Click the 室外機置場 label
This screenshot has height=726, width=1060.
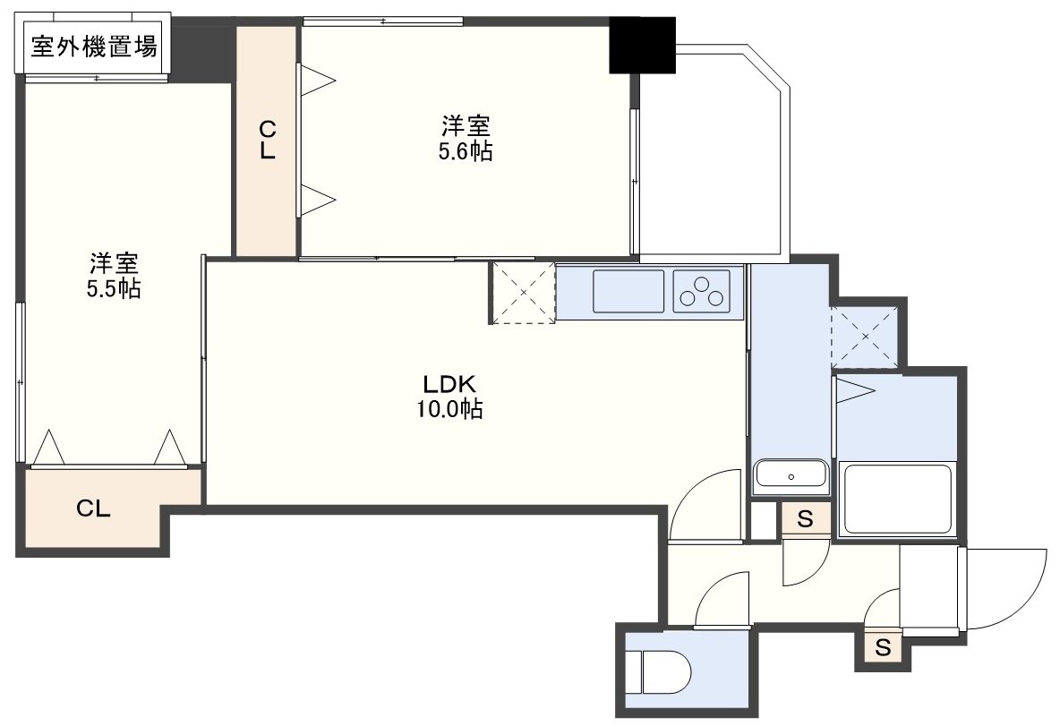(x=94, y=46)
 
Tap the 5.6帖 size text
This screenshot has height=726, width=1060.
(x=466, y=151)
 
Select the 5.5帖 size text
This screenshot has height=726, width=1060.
(x=114, y=288)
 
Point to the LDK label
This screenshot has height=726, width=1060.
(x=449, y=384)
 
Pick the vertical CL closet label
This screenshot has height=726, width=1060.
(x=268, y=140)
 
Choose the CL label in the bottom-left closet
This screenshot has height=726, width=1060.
(x=93, y=508)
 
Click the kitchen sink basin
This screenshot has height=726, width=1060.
(x=628, y=291)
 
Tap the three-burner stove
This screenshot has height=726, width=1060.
(x=702, y=291)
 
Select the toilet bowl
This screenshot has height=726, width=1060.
(x=658, y=671)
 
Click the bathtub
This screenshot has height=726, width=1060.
(x=896, y=500)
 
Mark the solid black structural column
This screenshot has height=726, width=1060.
(x=642, y=45)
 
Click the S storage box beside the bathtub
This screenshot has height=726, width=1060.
(x=805, y=519)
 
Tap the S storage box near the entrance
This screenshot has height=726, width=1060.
(x=883, y=647)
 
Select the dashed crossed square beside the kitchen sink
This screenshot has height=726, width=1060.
(x=524, y=293)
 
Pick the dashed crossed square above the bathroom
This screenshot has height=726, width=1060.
(x=866, y=336)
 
